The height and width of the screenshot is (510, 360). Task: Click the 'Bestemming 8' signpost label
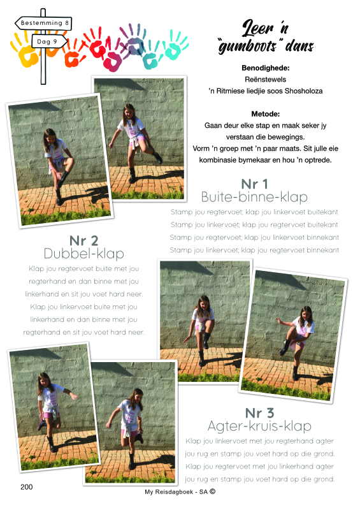pos(43,23)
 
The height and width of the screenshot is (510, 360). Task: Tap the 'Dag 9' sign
pos(50,41)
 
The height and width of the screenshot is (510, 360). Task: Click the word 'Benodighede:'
pos(265,68)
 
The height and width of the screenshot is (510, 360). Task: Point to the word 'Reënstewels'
pos(265,79)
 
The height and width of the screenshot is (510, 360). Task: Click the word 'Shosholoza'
pos(303,91)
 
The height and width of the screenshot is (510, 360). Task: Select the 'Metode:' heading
pos(265,114)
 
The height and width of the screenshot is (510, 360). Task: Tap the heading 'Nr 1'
pos(254,184)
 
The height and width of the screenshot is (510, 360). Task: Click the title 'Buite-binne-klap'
pos(254,197)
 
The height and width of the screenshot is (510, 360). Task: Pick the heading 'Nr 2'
pos(83,241)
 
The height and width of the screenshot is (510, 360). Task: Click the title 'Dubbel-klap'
pos(84,254)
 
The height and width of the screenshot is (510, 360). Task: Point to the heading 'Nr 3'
pos(259,413)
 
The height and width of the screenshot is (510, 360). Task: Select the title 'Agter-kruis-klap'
pos(259,426)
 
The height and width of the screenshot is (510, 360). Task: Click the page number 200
pos(26,487)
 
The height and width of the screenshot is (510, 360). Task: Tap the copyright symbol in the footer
pos(212,492)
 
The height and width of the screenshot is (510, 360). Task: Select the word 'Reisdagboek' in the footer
pos(174,492)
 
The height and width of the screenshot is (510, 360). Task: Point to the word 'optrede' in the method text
pos(317,160)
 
